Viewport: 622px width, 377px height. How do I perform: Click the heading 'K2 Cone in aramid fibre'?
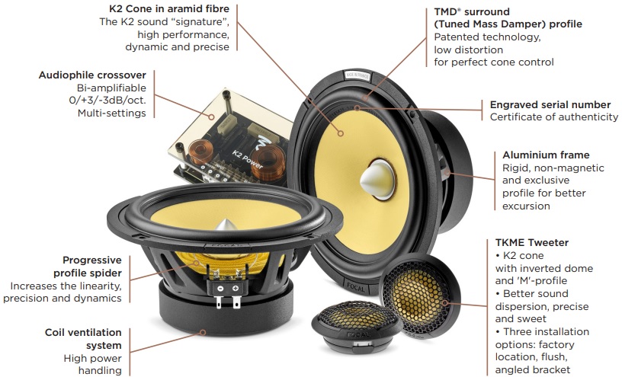pyautogui.click(x=169, y=8)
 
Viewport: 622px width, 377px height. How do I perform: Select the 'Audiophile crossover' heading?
pyautogui.click(x=92, y=75)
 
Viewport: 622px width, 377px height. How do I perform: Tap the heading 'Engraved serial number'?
pyautogui.click(x=550, y=104)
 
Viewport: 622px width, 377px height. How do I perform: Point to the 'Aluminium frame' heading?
pyautogui.click(x=546, y=155)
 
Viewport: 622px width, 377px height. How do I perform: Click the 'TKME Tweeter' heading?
pyautogui.click(x=531, y=242)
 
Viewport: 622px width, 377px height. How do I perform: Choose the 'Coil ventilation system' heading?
pyautogui.click(x=83, y=339)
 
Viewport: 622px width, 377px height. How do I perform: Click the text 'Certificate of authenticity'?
pyautogui.click(x=553, y=117)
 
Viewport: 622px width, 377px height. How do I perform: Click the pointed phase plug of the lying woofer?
pyautogui.click(x=226, y=225)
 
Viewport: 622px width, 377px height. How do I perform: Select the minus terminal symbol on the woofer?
pyautogui.click(x=220, y=288)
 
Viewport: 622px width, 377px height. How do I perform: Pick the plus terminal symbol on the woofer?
pyautogui.click(x=236, y=288)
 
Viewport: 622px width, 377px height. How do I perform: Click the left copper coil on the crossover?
pyautogui.click(x=200, y=152)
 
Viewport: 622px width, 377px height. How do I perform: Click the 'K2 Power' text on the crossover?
pyautogui.click(x=247, y=159)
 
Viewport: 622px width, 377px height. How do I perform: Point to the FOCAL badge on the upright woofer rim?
pyautogui.click(x=355, y=286)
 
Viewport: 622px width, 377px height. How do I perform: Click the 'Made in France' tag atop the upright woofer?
pyautogui.click(x=357, y=76)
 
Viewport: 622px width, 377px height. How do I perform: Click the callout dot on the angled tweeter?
pyautogui.click(x=445, y=303)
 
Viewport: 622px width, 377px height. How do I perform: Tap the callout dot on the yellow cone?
pyautogui.click(x=341, y=133)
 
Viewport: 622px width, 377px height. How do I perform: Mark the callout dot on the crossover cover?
pyautogui.click(x=212, y=117)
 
